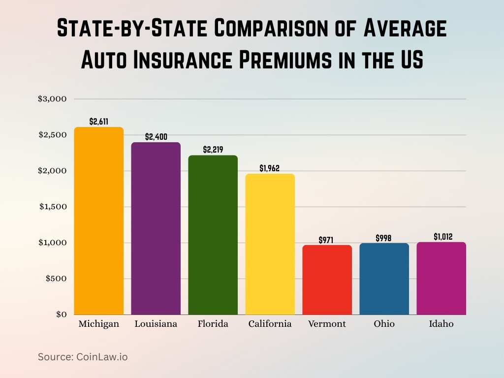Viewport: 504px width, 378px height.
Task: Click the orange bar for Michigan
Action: [x=98, y=221]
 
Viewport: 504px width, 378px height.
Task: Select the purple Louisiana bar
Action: [x=156, y=228]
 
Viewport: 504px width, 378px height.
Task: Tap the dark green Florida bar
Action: [x=213, y=235]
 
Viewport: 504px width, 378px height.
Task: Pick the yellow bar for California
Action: [x=270, y=244]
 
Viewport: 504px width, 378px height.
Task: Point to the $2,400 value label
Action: [x=156, y=136]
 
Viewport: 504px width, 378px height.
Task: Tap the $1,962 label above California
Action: [x=269, y=168]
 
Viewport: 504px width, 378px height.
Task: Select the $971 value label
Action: [x=326, y=240]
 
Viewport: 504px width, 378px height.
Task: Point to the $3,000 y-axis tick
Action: [x=52, y=99]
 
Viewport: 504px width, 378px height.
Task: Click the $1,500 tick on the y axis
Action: [x=52, y=207]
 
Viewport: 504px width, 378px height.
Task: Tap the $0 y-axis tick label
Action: [x=61, y=315]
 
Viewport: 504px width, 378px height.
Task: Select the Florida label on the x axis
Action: [x=213, y=324]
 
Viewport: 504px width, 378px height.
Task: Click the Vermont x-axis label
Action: [x=327, y=324]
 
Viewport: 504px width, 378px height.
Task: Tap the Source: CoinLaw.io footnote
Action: [x=83, y=357]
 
